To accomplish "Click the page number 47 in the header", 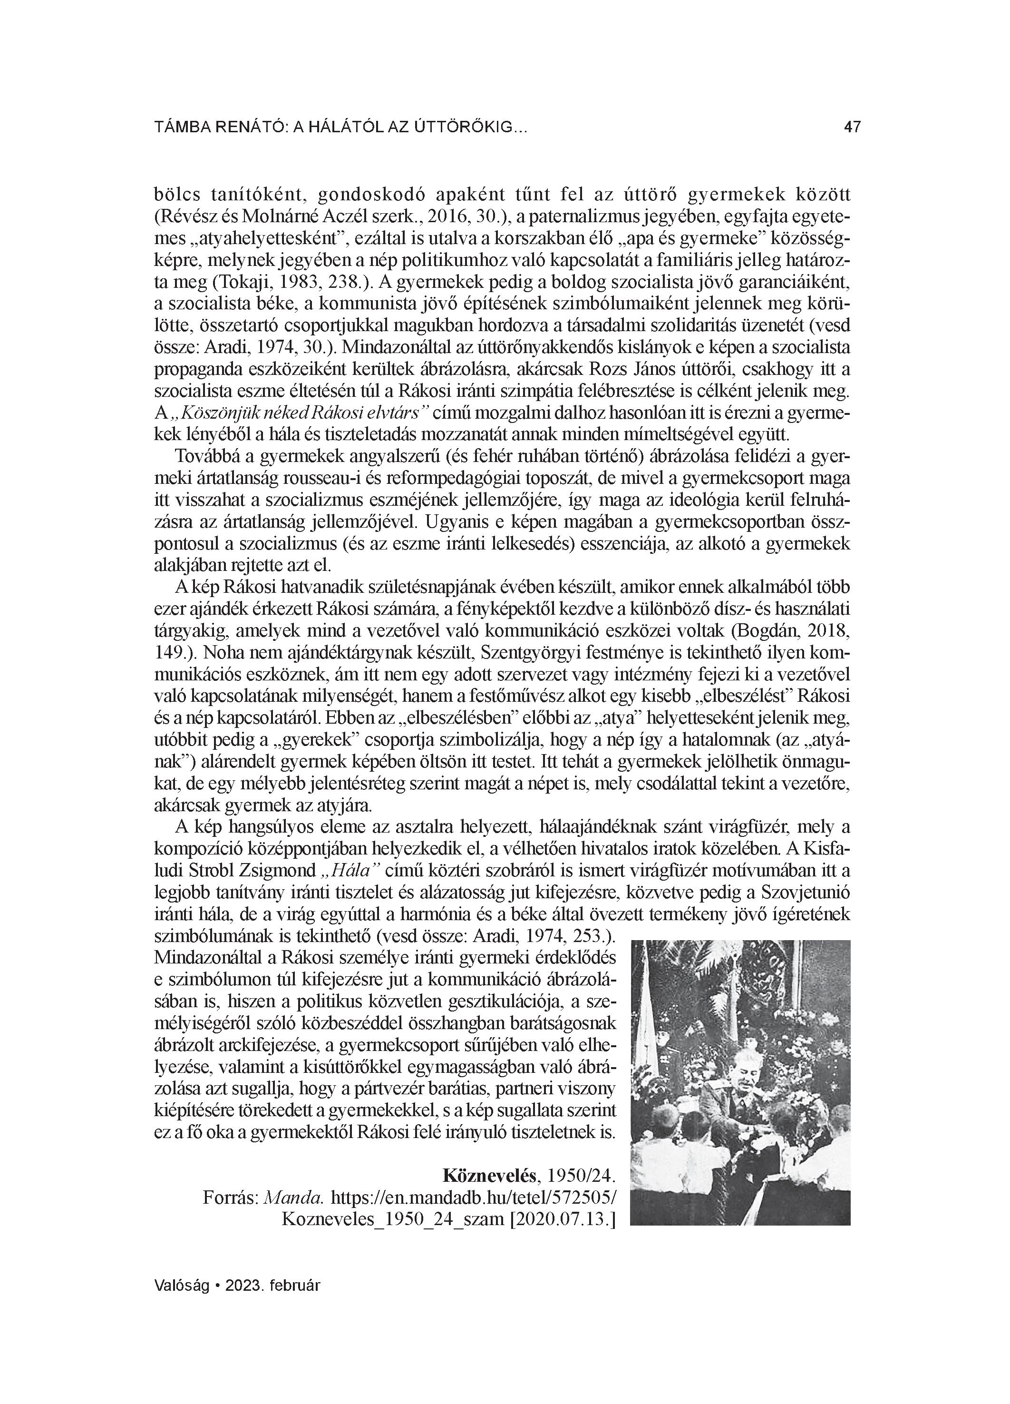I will pos(852,128).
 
